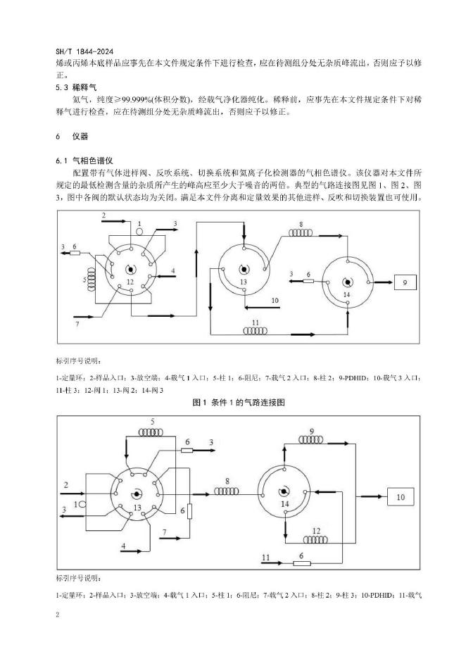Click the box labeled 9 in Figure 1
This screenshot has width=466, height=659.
[405, 283]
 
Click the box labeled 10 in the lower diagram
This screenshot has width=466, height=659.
[401, 497]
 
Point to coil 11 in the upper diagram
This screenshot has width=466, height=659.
[256, 329]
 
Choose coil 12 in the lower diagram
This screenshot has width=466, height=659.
[316, 538]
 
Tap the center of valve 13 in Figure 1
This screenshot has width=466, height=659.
[243, 269]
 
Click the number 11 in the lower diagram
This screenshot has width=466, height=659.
[266, 558]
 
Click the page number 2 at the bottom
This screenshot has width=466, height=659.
[56, 615]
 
